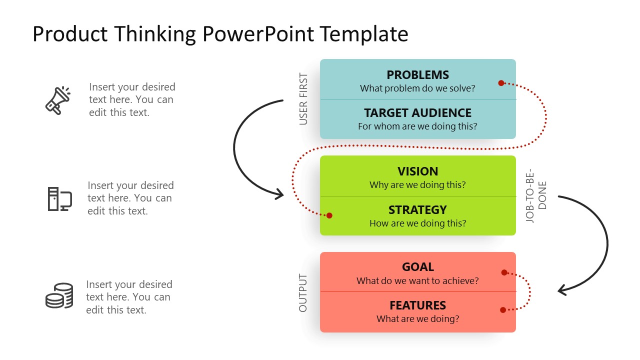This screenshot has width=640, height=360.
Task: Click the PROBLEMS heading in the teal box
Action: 417,75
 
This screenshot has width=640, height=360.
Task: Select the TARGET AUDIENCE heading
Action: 417,113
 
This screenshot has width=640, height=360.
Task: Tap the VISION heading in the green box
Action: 417,171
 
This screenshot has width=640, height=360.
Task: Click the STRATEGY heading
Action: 417,210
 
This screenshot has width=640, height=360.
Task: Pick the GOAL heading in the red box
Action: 417,267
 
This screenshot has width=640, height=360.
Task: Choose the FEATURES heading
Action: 417,305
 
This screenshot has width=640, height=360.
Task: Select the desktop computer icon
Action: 59,198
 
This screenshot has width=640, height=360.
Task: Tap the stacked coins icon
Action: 59,295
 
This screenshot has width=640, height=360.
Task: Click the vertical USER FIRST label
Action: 303,99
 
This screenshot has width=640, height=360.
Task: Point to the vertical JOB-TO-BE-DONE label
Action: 536,195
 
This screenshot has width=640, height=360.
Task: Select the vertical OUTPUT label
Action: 303,293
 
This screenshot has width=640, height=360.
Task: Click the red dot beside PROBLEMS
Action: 501,83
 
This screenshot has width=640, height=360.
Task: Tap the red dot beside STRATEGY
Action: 329,215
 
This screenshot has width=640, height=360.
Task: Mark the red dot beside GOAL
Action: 504,272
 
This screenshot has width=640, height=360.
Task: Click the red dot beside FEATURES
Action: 503,310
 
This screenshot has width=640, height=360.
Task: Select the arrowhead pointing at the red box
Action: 562,290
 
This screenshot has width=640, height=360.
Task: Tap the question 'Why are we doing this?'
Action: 417,185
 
